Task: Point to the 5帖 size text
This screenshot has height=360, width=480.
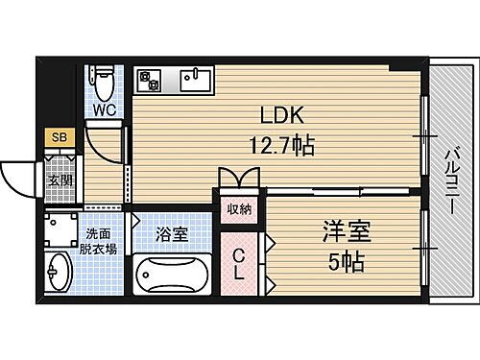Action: pos(345,260)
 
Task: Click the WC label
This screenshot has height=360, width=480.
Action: pos(104,109)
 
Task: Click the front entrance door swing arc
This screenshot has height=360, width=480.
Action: pos(17,173)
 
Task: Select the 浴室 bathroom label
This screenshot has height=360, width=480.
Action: pos(174,233)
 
